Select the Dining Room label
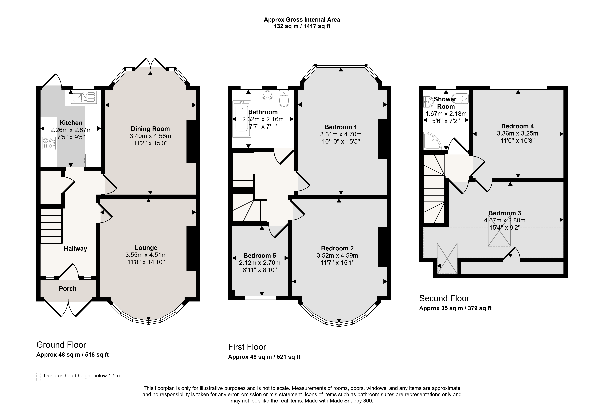(x=150, y=129)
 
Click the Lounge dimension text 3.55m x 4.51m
(x=146, y=255)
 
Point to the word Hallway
(x=75, y=249)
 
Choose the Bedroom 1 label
(x=341, y=127)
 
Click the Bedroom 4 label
(x=517, y=126)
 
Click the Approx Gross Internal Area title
(x=302, y=19)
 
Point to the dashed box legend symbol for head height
(x=38, y=377)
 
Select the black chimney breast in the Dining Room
(x=191, y=141)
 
